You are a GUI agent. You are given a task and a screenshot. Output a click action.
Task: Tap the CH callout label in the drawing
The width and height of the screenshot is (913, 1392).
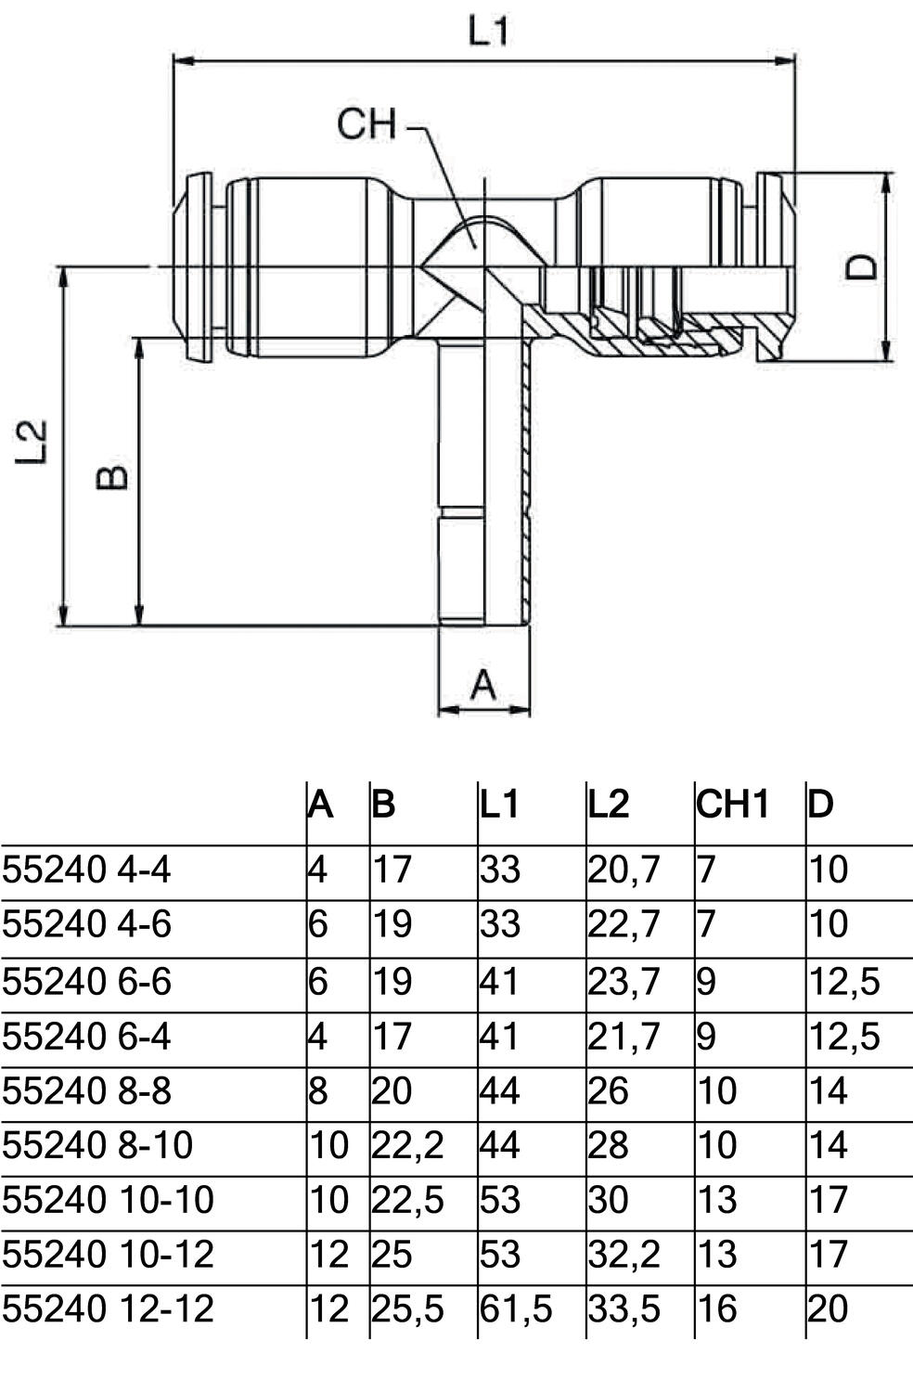click(366, 124)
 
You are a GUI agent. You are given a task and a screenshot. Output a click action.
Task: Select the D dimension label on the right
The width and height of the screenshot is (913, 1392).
click(863, 267)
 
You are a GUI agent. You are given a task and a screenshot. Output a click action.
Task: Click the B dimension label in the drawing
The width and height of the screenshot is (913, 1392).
click(112, 477)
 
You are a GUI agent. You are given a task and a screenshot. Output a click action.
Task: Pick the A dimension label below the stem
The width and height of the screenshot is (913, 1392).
click(483, 685)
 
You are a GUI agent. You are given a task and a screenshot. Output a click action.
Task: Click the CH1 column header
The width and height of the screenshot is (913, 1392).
click(733, 804)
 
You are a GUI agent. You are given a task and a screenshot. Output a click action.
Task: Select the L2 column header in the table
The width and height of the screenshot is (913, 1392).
click(609, 804)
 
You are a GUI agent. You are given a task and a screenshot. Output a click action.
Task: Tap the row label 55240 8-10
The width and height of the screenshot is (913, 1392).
click(97, 1145)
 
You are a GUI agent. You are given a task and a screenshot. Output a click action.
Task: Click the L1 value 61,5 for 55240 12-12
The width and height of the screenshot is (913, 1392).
click(516, 1309)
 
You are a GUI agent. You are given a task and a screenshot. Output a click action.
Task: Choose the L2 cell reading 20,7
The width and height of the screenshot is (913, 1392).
click(624, 870)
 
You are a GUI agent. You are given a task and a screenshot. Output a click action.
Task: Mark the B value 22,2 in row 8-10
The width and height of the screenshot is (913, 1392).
click(407, 1145)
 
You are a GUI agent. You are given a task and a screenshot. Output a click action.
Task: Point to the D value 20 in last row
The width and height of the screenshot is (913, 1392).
click(828, 1309)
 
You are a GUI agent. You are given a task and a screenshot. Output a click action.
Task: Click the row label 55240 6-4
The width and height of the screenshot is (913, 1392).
click(86, 1036)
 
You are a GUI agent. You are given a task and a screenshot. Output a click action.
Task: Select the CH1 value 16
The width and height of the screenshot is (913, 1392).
click(716, 1309)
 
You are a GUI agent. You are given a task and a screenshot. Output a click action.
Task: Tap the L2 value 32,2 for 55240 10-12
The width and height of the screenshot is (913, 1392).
click(624, 1255)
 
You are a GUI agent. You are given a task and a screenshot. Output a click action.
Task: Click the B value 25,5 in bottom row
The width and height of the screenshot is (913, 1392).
click(407, 1309)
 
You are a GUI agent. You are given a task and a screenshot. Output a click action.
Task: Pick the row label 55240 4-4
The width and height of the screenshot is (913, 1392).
click(86, 870)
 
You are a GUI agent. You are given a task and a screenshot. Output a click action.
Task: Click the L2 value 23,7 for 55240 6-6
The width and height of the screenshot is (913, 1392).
click(624, 981)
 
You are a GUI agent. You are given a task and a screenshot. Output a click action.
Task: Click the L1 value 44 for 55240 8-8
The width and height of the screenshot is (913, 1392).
click(500, 1090)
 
